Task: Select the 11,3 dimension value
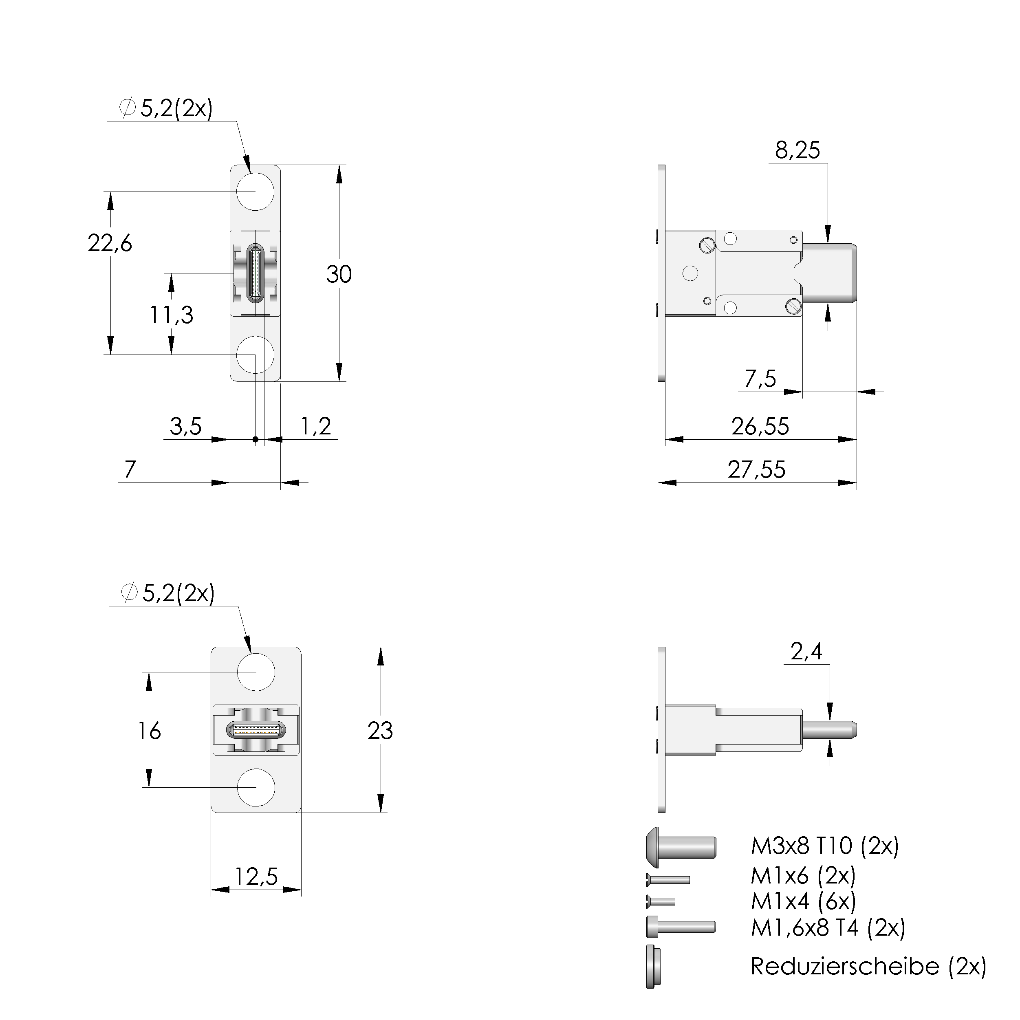(x=172, y=315)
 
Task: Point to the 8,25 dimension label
(x=797, y=150)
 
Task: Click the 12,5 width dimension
(x=256, y=877)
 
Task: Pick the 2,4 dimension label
(x=806, y=652)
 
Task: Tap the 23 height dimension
(x=380, y=731)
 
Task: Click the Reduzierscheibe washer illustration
(x=653, y=966)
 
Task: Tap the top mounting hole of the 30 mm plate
(x=255, y=191)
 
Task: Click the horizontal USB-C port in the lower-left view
(x=256, y=730)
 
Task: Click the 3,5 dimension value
(x=185, y=427)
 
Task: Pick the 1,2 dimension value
(x=316, y=427)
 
